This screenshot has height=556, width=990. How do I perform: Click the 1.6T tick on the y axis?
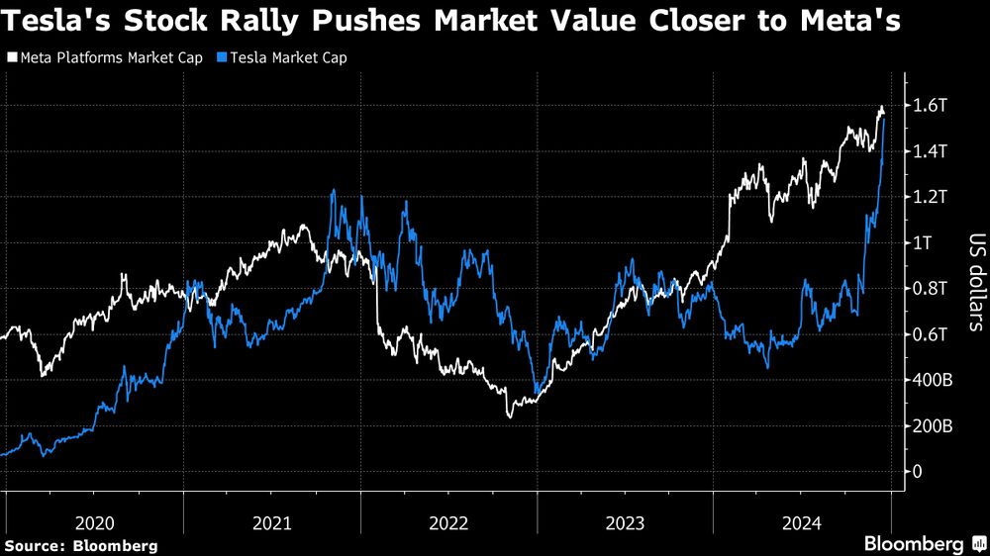933,106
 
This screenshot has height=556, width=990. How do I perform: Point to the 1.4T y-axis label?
933,151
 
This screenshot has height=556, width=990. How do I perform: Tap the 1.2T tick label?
933,197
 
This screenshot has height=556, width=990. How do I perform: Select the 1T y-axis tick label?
924,243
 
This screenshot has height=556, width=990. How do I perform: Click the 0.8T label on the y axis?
933,289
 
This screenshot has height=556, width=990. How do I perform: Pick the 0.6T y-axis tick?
933,334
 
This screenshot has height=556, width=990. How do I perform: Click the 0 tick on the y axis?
918,472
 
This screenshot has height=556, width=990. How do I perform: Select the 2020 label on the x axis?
94,520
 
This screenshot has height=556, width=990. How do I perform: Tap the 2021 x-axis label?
271,520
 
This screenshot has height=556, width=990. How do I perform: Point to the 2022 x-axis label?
448,520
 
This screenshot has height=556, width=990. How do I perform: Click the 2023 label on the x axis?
625,520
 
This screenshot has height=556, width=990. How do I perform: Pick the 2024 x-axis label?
802,520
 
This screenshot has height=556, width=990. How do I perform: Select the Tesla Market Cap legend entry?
287,57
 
